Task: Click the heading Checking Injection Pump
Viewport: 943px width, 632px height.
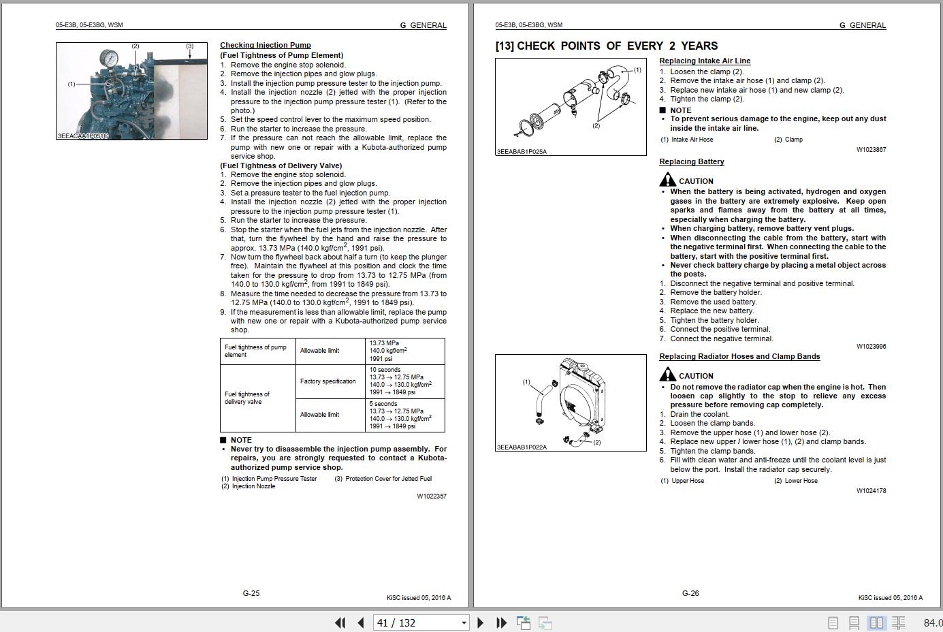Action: pyautogui.click(x=265, y=46)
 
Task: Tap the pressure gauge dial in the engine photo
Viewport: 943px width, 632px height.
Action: pyautogui.click(x=108, y=57)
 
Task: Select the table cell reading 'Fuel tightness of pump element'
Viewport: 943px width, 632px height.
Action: pyautogui.click(x=257, y=351)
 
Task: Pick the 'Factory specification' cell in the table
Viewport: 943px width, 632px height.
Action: pyautogui.click(x=328, y=381)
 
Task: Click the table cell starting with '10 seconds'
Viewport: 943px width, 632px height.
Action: pyautogui.click(x=404, y=381)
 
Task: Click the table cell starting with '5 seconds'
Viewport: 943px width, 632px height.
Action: pyautogui.click(x=404, y=415)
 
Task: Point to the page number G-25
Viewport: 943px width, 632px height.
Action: pyautogui.click(x=251, y=593)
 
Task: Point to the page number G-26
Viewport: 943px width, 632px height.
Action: pyautogui.click(x=690, y=593)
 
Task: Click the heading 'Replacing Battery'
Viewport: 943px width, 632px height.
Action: pyautogui.click(x=691, y=162)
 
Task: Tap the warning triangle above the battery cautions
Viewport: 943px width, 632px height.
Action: pyautogui.click(x=667, y=180)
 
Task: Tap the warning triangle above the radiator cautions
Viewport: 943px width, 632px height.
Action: pyautogui.click(x=667, y=375)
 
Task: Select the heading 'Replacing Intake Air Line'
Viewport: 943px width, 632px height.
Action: pyautogui.click(x=705, y=61)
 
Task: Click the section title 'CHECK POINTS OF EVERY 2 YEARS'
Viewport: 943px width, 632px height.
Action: pyautogui.click(x=617, y=46)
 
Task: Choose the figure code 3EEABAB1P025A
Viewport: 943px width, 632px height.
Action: pyautogui.click(x=522, y=152)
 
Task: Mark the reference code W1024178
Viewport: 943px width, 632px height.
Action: pyautogui.click(x=871, y=490)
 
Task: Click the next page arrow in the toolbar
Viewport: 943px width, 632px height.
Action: pyautogui.click(x=481, y=622)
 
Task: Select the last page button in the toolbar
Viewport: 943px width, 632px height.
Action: pyautogui.click(x=502, y=622)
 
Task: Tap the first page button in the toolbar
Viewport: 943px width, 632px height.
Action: pyautogui.click(x=340, y=622)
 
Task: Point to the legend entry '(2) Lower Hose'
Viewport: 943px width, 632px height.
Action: pyautogui.click(x=795, y=481)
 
